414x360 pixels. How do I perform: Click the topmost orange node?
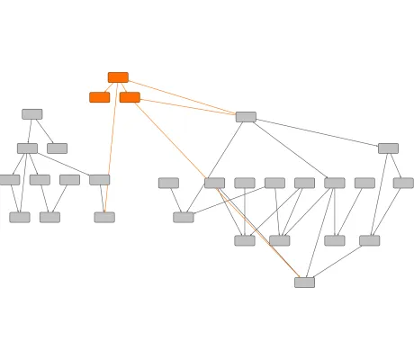118,77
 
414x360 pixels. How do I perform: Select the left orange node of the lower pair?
99,97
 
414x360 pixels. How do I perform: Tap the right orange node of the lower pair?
130,97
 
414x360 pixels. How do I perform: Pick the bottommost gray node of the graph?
304,283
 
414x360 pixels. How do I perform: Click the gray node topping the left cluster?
32,114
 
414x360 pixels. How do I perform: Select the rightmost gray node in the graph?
403,183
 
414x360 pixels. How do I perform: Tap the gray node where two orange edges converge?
246,117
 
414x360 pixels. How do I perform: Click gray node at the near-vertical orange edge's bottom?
104,217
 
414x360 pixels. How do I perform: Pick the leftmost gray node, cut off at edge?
8,180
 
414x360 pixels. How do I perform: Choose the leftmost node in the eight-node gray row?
168,183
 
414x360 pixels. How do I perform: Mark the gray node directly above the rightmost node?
388,148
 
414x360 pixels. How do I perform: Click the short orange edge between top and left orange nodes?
108,87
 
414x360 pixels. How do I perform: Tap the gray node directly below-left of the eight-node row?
184,217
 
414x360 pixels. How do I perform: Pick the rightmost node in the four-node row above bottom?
369,240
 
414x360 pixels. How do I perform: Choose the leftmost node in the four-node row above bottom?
245,240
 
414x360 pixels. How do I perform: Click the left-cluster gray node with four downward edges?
27,148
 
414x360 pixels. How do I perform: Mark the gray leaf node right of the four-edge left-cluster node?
57,148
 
